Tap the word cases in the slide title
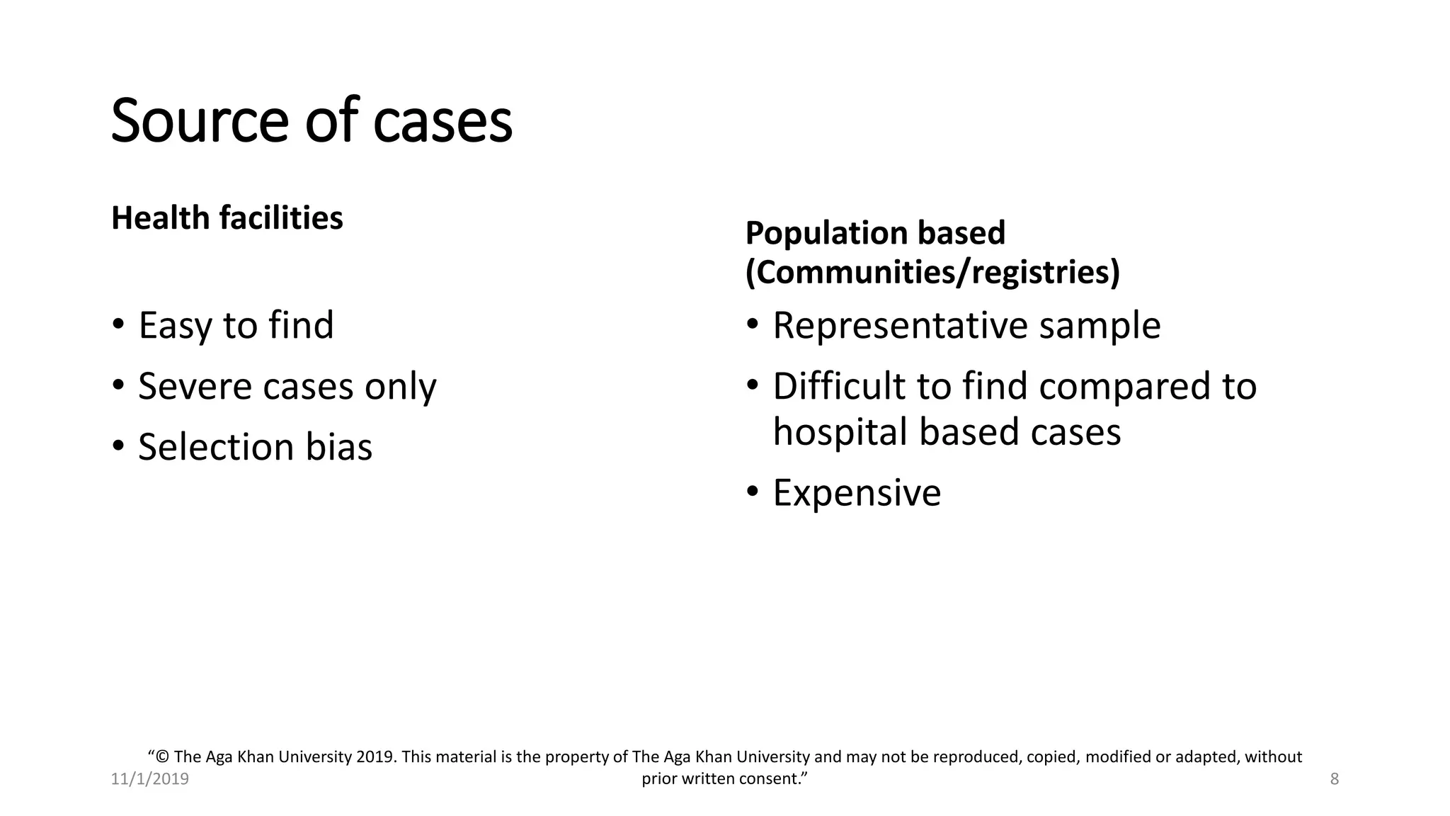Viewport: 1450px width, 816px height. (443, 122)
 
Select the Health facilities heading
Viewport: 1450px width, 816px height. (227, 217)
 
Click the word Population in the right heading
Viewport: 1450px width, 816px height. (826, 233)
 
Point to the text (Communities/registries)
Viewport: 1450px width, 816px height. (932, 273)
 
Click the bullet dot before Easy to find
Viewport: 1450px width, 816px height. (118, 325)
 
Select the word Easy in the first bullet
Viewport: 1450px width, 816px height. (174, 326)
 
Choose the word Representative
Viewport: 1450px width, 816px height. (899, 326)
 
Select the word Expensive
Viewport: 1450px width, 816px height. (857, 493)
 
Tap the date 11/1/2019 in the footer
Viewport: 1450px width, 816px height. (150, 779)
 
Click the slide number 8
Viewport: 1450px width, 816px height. (1335, 779)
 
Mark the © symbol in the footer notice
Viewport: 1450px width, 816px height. (163, 757)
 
